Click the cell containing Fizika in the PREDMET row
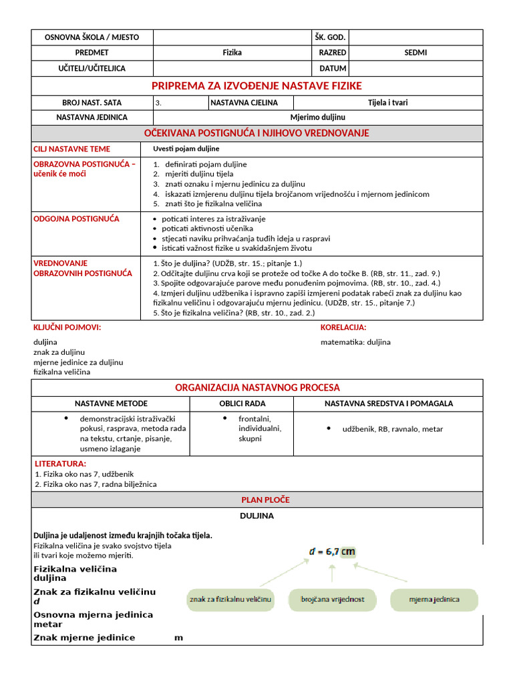pos(232,53)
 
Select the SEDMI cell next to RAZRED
pos(415,53)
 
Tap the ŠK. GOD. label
pos(330,37)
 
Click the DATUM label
pos(333,69)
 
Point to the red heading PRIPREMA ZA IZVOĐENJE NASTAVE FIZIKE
pos(256,86)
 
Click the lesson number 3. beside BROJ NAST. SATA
pos(158,103)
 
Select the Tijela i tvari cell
pos(387,103)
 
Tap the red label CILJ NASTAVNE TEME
pos(72,149)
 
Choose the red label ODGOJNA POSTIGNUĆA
pos(77,219)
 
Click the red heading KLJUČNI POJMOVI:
pos(67,327)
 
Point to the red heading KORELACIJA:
pos(343,327)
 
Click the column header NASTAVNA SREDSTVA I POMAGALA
pos(389,404)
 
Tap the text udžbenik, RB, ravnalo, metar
pos(392,430)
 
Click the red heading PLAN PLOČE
pos(265,500)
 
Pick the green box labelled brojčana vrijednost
pos(333,600)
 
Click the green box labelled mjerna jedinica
pos(434,600)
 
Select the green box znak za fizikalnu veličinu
pos(230,600)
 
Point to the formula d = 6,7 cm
pos(331,552)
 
